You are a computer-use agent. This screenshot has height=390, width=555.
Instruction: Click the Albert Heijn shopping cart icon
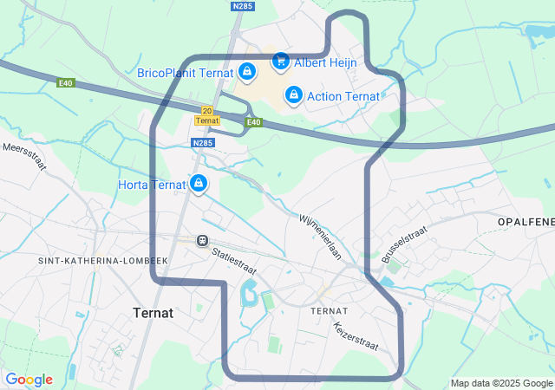(280, 62)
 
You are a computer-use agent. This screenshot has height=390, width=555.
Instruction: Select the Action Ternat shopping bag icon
(294, 94)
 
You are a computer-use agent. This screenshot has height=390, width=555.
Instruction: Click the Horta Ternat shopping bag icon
(199, 184)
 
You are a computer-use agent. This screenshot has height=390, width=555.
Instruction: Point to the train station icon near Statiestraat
(202, 240)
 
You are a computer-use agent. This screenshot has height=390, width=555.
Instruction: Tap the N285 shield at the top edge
(243, 6)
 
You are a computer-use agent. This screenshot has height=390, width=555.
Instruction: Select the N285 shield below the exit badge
(203, 143)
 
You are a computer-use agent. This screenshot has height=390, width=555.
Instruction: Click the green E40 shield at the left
(66, 83)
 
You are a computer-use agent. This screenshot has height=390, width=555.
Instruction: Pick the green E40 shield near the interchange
(253, 123)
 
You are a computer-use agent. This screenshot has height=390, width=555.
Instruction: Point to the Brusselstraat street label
(404, 244)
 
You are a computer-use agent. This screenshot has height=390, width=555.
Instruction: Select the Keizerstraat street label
(356, 336)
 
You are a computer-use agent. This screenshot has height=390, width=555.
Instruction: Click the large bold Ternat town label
(153, 312)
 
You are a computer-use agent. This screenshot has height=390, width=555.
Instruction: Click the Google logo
(29, 380)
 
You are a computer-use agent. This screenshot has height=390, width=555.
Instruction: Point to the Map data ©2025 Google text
(501, 383)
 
